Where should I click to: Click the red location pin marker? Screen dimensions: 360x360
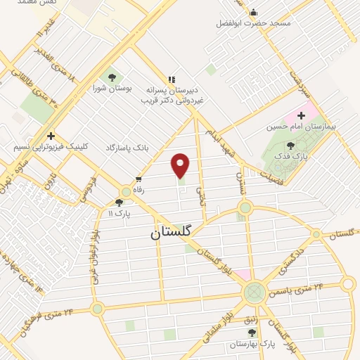pyautogui.click(x=181, y=165)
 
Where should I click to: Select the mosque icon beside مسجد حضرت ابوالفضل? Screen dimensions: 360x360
pyautogui.click(x=254, y=12)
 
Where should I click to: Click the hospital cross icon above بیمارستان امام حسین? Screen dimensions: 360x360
pyautogui.click(x=302, y=115)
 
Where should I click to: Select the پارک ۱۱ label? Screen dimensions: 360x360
pyautogui.click(x=122, y=212)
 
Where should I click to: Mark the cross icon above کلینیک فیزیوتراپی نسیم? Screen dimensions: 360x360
pyautogui.click(x=50, y=136)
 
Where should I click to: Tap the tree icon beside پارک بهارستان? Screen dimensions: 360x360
pyautogui.click(x=252, y=333)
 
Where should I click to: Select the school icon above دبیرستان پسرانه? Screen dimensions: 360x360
pyautogui.click(x=172, y=79)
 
